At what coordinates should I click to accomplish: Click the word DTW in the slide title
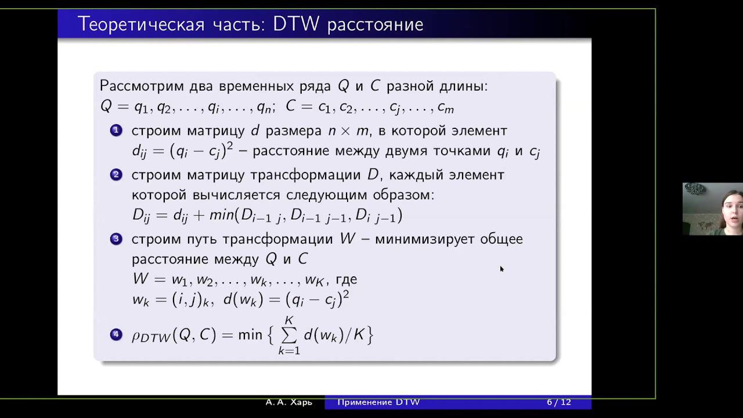pyautogui.click(x=296, y=24)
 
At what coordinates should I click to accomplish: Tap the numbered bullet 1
pyautogui.click(x=116, y=131)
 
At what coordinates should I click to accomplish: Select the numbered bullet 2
pyautogui.click(x=116, y=175)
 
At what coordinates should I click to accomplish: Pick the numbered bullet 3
pyautogui.click(x=116, y=239)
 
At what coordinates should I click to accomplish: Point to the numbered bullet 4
pyautogui.click(x=116, y=334)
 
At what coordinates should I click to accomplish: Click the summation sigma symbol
pyautogui.click(x=289, y=336)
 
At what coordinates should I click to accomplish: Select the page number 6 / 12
pyautogui.click(x=559, y=402)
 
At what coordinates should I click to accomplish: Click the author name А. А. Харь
pyautogui.click(x=289, y=402)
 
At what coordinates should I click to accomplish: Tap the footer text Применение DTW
pyautogui.click(x=378, y=402)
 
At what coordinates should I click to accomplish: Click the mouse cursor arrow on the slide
pyautogui.click(x=502, y=269)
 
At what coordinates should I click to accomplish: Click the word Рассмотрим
pyautogui.click(x=142, y=87)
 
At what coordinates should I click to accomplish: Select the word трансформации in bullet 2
pyautogui.click(x=305, y=175)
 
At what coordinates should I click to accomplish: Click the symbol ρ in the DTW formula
pyautogui.click(x=136, y=336)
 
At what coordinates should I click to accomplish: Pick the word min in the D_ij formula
pyautogui.click(x=222, y=215)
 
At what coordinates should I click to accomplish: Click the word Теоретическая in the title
pyautogui.click(x=141, y=24)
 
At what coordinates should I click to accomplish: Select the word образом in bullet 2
pyautogui.click(x=403, y=195)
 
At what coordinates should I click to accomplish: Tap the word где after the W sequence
pyautogui.click(x=347, y=280)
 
